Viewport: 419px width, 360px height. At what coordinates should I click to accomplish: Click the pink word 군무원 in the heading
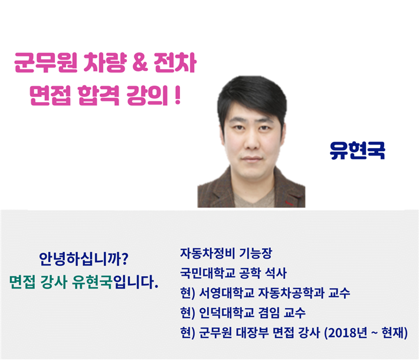pyautogui.click(x=45, y=63)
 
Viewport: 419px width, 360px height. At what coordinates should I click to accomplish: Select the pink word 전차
pyautogui.click(x=175, y=63)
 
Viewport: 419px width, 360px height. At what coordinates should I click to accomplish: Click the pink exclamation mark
pyautogui.click(x=178, y=96)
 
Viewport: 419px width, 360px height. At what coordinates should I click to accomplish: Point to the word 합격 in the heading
pyautogui.click(x=99, y=96)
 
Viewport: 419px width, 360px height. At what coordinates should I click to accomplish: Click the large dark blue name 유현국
pyautogui.click(x=357, y=150)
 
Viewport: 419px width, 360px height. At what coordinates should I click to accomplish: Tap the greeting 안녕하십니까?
pyautogui.click(x=84, y=258)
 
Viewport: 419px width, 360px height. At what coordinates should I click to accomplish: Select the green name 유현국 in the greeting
pyautogui.click(x=92, y=282)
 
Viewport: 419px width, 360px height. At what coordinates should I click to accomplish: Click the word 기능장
pyautogui.click(x=256, y=253)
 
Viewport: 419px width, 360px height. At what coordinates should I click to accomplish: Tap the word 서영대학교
pyautogui.click(x=227, y=293)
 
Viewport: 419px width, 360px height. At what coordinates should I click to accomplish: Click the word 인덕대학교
pyautogui.click(x=227, y=312)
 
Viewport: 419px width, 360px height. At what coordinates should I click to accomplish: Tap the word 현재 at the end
pyautogui.click(x=392, y=333)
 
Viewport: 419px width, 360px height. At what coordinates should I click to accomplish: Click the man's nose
pyautogui.click(x=251, y=142)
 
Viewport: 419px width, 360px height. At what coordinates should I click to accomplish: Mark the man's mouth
pyautogui.click(x=251, y=159)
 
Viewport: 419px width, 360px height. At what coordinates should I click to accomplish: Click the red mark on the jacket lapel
pyautogui.click(x=289, y=203)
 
